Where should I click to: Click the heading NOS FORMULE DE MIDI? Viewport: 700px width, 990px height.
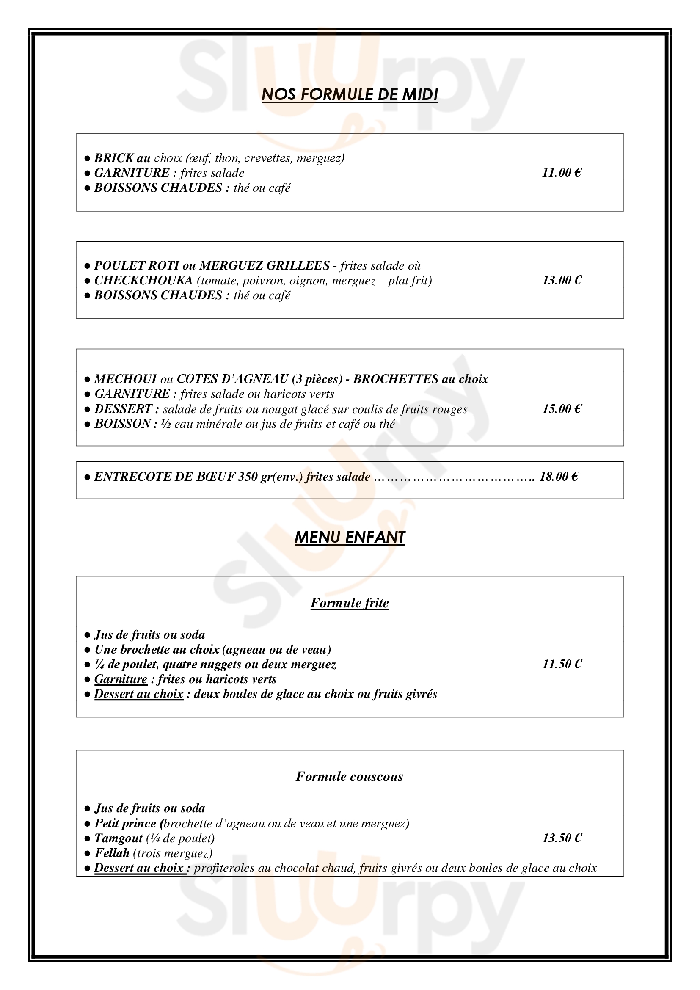tap(350, 94)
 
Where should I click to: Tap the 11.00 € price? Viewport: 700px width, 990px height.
tap(562, 173)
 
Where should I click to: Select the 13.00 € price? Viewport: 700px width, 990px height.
tap(562, 280)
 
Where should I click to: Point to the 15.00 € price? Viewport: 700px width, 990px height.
tap(562, 409)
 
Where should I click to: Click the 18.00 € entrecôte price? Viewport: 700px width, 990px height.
tap(559, 477)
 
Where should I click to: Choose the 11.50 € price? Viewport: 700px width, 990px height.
tap(562, 664)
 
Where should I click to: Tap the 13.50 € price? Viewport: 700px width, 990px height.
tap(562, 838)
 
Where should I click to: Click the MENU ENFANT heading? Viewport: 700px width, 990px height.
tap(350, 537)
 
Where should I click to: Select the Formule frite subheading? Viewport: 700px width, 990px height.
tap(350, 603)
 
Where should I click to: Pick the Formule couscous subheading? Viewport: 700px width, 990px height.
tap(349, 777)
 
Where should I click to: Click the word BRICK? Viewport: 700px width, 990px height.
tap(114, 158)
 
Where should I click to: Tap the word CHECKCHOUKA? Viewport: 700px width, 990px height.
tap(143, 280)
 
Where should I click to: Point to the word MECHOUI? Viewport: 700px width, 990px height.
tap(125, 379)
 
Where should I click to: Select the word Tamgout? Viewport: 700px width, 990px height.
tap(119, 838)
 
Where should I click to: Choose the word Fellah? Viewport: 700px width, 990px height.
tap(112, 853)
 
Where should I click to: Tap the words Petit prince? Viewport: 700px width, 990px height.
tap(125, 823)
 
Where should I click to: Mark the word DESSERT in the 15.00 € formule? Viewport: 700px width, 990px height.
tap(123, 409)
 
